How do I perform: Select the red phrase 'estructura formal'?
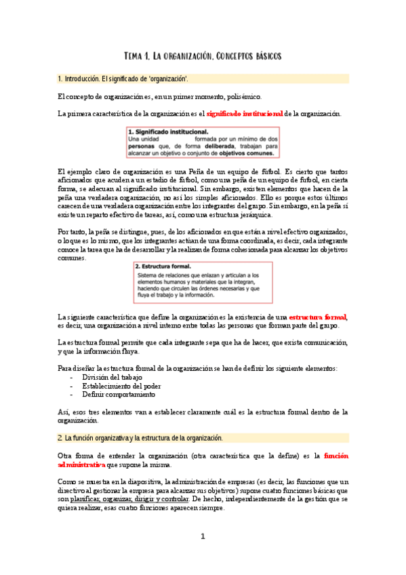[x=317, y=317]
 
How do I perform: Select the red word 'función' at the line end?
[x=336, y=456]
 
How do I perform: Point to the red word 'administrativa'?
[x=81, y=465]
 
